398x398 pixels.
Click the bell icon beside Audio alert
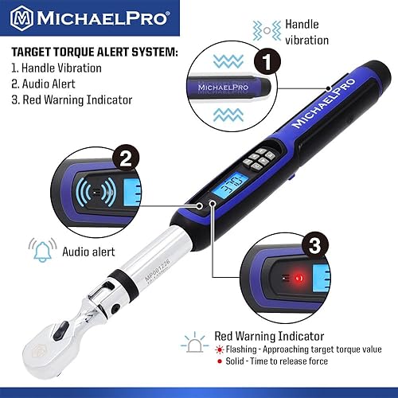39,252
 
